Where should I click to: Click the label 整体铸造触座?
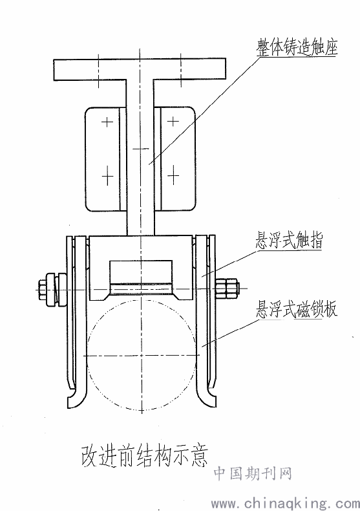(297, 48)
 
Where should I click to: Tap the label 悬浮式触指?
(289, 241)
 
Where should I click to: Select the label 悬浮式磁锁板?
(296, 309)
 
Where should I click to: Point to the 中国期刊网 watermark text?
(253, 473)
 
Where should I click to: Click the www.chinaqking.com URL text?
(286, 503)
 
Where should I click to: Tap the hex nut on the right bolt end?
(227, 288)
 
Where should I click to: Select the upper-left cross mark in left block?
(107, 122)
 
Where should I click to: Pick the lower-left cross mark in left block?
(107, 176)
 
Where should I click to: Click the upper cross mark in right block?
(173, 122)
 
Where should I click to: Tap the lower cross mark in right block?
(173, 175)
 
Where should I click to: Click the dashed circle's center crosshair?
(142, 355)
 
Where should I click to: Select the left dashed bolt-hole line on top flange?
(98, 71)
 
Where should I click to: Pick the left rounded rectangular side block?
(105, 158)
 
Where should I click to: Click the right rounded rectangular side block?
(175, 158)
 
